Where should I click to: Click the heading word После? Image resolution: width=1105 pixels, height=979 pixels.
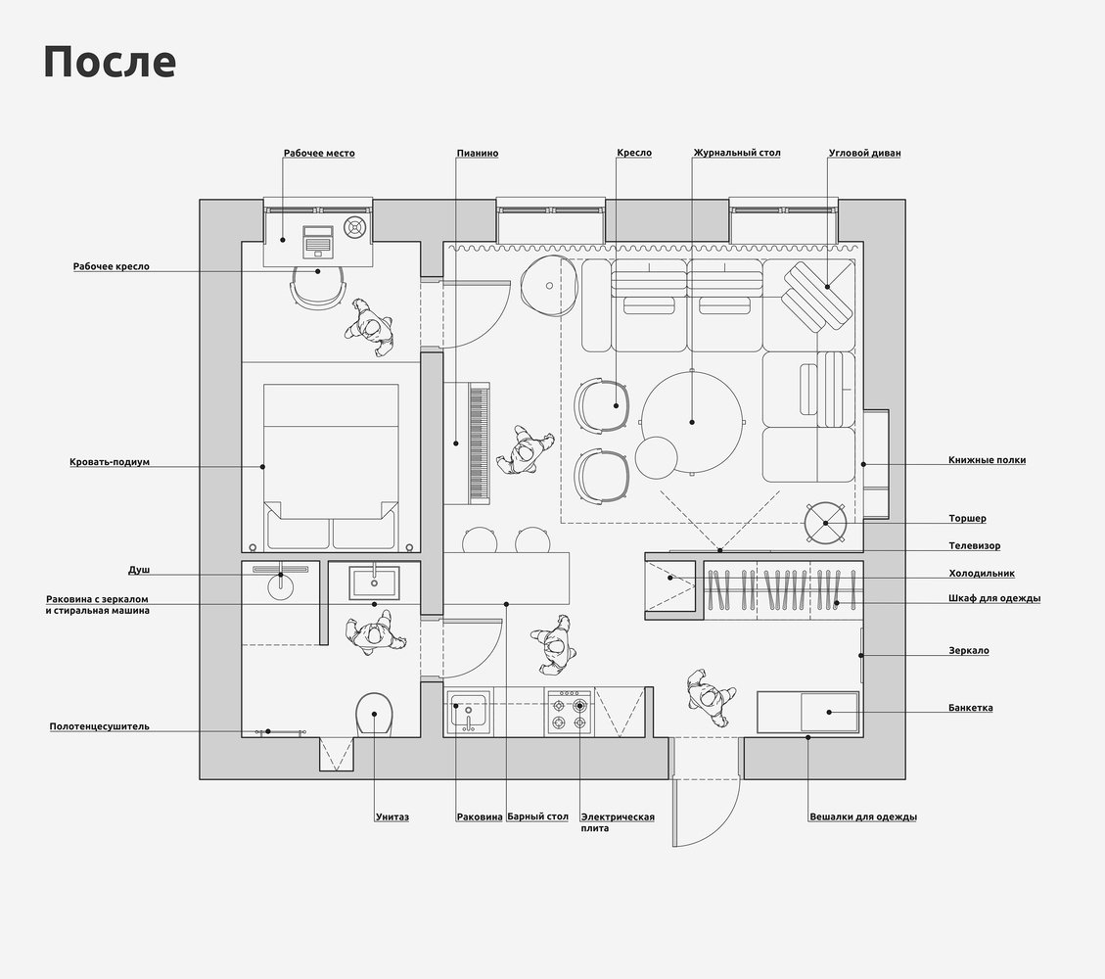(110, 62)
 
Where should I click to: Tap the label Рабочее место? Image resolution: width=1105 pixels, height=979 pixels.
(319, 153)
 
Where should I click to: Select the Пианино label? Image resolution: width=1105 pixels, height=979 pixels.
(477, 153)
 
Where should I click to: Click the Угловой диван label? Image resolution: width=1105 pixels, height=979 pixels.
(864, 153)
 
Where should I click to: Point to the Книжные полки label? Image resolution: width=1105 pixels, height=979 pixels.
(987, 460)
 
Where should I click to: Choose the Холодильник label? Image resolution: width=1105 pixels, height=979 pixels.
(982, 574)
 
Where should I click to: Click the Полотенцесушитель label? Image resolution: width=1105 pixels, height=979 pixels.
(100, 726)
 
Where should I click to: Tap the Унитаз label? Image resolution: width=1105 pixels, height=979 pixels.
(391, 816)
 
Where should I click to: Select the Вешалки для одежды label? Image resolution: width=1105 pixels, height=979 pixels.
(863, 816)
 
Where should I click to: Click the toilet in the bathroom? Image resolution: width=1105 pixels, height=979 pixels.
(374, 715)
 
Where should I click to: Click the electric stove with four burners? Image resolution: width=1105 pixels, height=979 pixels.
(570, 713)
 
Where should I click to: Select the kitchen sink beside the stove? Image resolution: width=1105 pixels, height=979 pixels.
(469, 712)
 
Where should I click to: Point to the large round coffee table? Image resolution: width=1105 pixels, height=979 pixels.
(691, 422)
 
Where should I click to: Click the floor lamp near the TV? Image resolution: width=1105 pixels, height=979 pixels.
(825, 523)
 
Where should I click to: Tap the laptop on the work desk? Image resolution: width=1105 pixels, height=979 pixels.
(318, 241)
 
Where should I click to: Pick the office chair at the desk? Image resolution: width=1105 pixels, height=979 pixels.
(318, 287)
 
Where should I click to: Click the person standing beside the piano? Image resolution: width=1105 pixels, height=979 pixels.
(525, 450)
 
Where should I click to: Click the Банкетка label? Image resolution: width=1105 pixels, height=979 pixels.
(970, 708)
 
